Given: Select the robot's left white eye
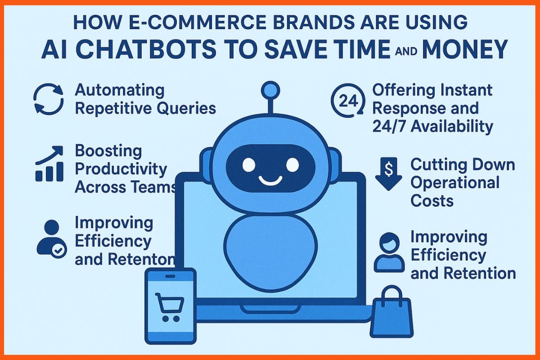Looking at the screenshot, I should (x=248, y=165).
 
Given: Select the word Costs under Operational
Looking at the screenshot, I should (x=432, y=201).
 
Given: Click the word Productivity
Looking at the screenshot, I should (x=121, y=169).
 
